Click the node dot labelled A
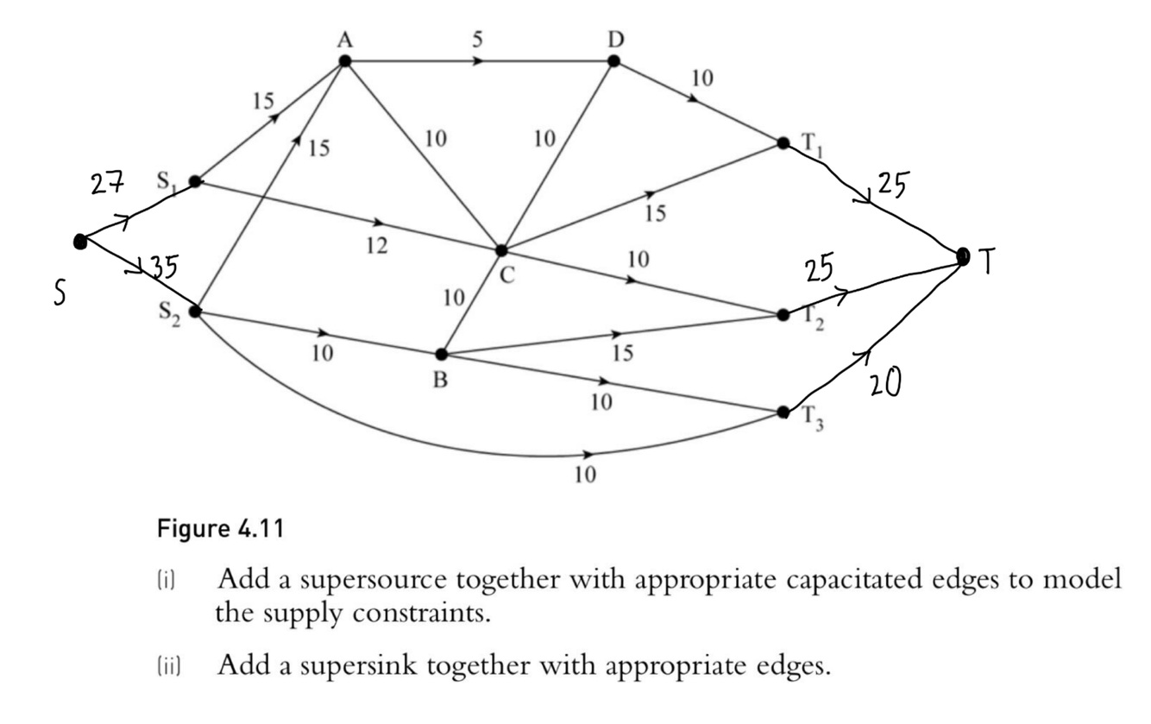(x=345, y=60)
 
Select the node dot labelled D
(x=613, y=60)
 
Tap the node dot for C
(x=501, y=250)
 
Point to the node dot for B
(x=441, y=354)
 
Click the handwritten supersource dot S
(x=80, y=242)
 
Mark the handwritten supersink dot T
(x=964, y=255)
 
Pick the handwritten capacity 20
(x=884, y=382)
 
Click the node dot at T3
(x=783, y=412)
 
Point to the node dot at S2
(x=195, y=311)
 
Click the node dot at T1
(x=783, y=142)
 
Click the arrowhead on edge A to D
(x=478, y=60)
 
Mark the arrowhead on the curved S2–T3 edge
(x=588, y=454)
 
